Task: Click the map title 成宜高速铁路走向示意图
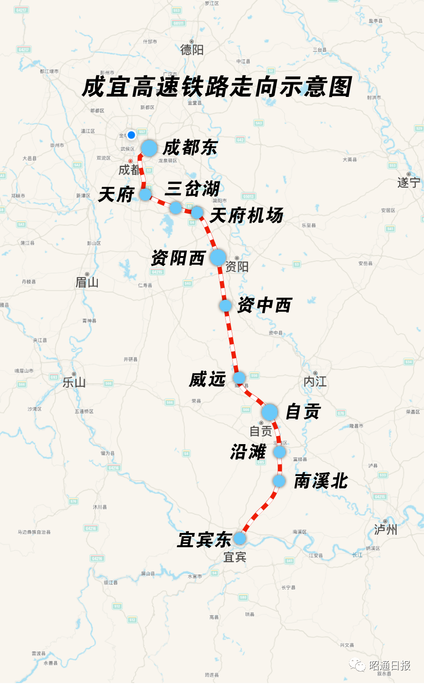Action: coord(217,87)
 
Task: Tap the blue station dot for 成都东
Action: coord(149,148)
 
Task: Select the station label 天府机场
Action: coord(247,216)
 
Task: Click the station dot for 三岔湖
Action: coord(176,208)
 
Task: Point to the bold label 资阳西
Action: coord(178,258)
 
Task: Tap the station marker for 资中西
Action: coord(226,305)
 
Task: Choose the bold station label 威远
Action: coord(207,380)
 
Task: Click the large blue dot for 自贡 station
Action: coord(269,412)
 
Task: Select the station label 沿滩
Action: coord(248,452)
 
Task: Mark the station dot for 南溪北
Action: coord(279,481)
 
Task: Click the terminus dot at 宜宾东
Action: coord(240,538)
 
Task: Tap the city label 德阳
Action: coord(192,49)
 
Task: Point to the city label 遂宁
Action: coord(408,182)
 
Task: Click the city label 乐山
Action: coord(74,382)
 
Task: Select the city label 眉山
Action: coord(87,283)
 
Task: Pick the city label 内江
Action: coord(315,381)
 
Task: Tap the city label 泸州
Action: coord(385,529)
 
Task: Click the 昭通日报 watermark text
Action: coord(389,665)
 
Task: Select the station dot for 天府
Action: coord(145,194)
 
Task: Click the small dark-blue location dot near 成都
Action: coord(131,135)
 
